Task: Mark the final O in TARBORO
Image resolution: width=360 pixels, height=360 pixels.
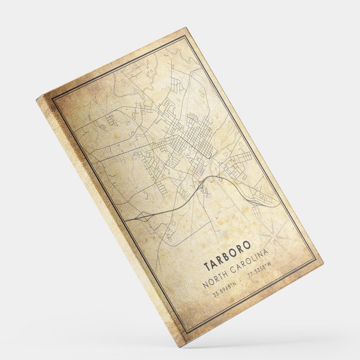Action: coord(247,245)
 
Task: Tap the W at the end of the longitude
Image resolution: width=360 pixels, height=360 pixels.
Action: coord(269,263)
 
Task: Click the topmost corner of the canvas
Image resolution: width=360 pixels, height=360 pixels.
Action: coord(186,28)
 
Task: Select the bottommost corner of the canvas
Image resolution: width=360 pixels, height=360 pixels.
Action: coord(184,347)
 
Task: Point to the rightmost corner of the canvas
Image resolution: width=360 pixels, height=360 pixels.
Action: coord(323,262)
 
